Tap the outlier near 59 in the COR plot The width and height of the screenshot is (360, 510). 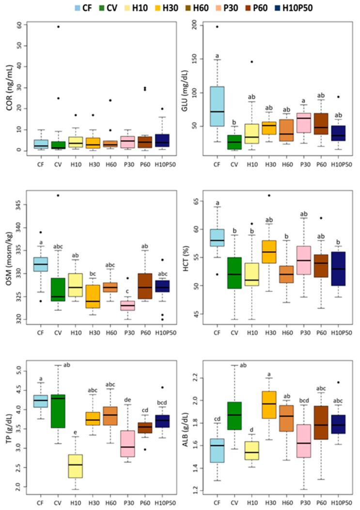58,27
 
